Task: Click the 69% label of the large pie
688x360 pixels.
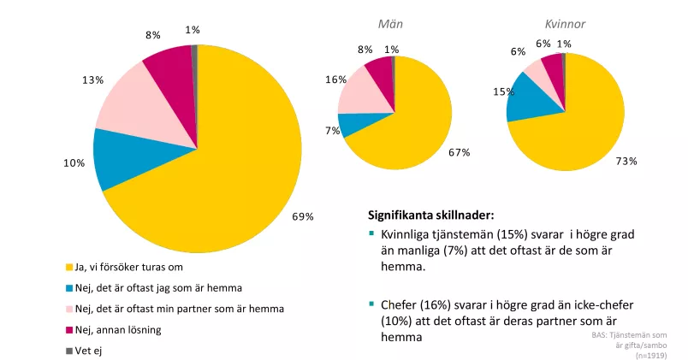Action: (x=303, y=216)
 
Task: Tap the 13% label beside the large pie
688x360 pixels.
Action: (x=93, y=80)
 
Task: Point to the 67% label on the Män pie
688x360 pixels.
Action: (x=460, y=152)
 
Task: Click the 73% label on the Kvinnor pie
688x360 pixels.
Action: (x=627, y=160)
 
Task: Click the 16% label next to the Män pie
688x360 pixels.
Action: (x=335, y=80)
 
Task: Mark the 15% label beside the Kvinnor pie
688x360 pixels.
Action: (x=503, y=91)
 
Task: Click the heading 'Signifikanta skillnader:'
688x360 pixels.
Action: (x=430, y=215)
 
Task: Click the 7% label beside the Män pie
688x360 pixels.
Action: (x=333, y=131)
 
